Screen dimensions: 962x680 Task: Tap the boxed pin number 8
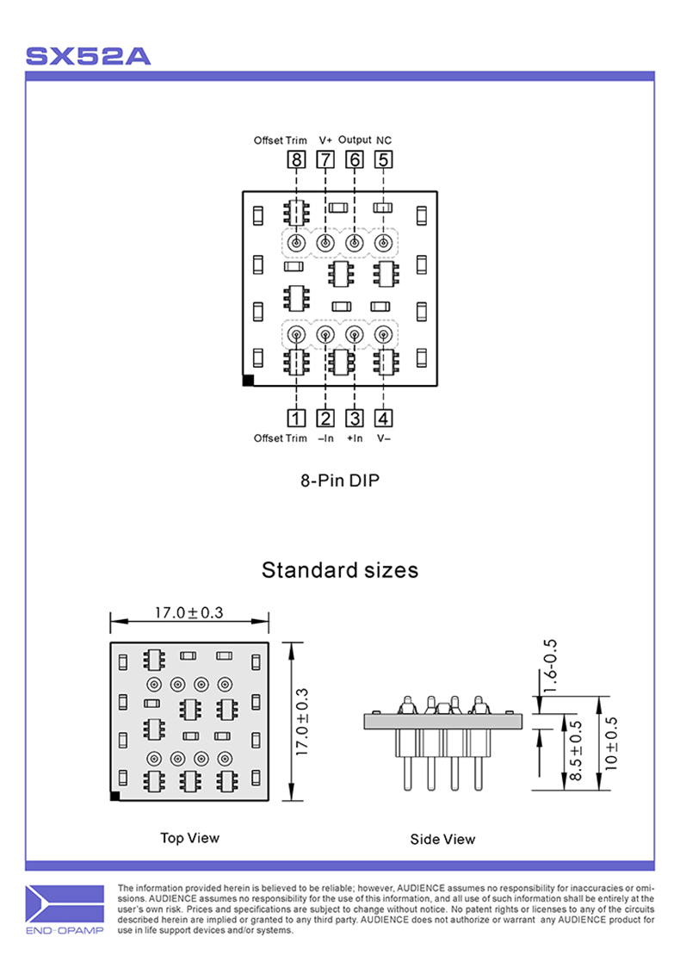(x=297, y=159)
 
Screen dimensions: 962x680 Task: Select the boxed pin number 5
(x=384, y=159)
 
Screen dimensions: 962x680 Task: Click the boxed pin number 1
(x=297, y=419)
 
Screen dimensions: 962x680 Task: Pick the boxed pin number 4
(x=384, y=419)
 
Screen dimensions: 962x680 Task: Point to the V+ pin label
(x=325, y=140)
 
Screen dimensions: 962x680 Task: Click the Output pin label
(x=355, y=139)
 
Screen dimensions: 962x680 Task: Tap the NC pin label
(x=384, y=140)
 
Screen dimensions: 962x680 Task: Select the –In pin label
(x=325, y=438)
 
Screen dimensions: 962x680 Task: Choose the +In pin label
(x=355, y=438)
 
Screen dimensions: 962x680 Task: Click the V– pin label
(x=384, y=438)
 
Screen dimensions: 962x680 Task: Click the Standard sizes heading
(x=340, y=569)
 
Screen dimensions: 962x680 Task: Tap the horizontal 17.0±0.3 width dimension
(x=189, y=612)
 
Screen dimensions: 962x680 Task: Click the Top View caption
(x=189, y=837)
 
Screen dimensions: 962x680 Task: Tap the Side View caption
(x=442, y=839)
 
